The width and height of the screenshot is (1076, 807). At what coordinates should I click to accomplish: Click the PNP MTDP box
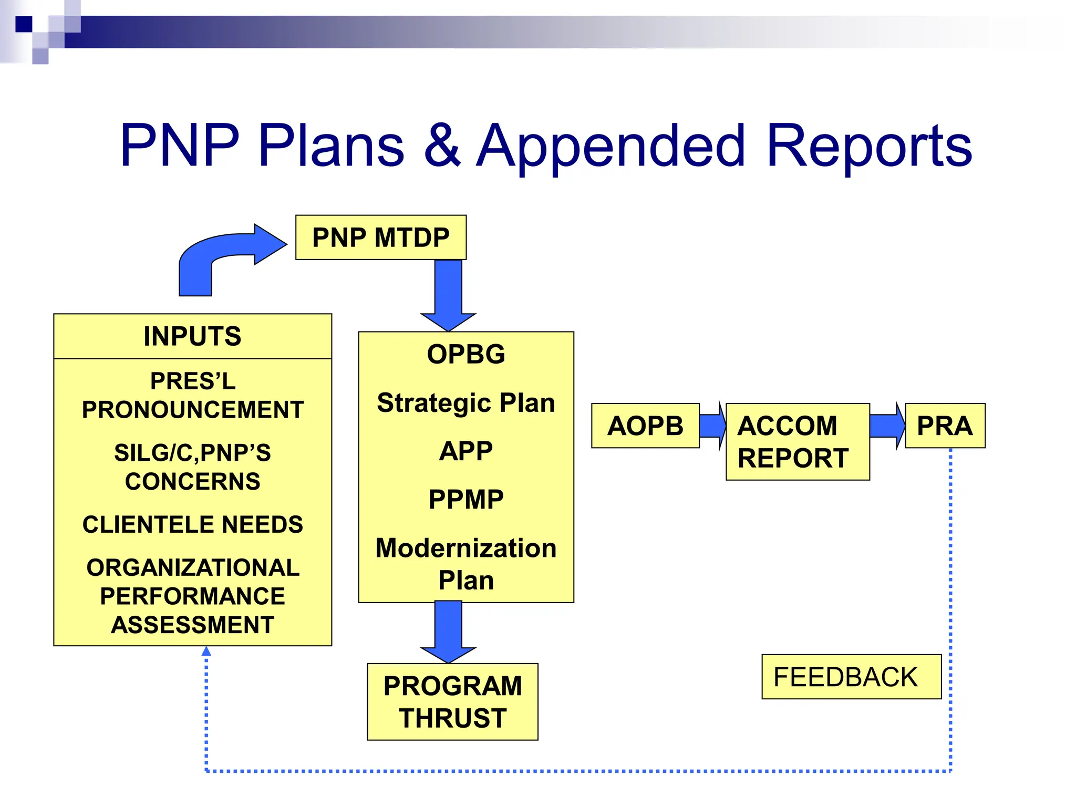pyautogui.click(x=380, y=237)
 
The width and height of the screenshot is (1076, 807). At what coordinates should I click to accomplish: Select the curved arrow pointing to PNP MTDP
pyautogui.click(x=221, y=252)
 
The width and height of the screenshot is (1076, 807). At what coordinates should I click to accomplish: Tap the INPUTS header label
pyautogui.click(x=192, y=336)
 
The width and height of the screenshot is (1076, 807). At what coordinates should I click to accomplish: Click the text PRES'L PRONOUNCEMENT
pyautogui.click(x=192, y=395)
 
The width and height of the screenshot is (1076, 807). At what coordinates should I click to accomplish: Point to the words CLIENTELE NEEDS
pyautogui.click(x=192, y=524)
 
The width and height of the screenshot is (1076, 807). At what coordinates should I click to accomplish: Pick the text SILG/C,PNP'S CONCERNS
pyautogui.click(x=192, y=467)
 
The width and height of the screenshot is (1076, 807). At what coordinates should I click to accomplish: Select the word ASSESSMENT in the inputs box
pyautogui.click(x=192, y=625)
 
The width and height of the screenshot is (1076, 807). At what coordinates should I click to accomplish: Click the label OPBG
pyautogui.click(x=465, y=354)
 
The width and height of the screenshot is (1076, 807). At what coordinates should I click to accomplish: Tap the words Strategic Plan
pyautogui.click(x=465, y=403)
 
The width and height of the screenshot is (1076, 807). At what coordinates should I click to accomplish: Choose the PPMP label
pyautogui.click(x=465, y=499)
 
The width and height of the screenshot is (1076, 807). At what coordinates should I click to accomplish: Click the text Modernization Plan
pyautogui.click(x=465, y=564)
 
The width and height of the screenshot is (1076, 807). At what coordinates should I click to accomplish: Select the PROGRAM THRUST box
pyautogui.click(x=452, y=701)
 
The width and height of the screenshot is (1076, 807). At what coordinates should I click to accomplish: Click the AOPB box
pyautogui.click(x=645, y=426)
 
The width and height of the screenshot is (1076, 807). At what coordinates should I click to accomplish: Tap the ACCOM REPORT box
pyautogui.click(x=797, y=441)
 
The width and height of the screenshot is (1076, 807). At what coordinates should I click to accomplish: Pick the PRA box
pyautogui.click(x=944, y=426)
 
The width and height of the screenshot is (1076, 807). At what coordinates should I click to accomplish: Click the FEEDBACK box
pyautogui.click(x=851, y=677)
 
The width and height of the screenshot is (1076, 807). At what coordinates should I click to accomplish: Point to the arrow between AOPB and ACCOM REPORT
pyautogui.click(x=713, y=426)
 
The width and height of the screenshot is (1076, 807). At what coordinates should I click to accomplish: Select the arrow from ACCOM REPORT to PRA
pyautogui.click(x=887, y=426)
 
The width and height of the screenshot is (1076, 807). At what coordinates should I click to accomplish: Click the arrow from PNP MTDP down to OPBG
pyautogui.click(x=448, y=294)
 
